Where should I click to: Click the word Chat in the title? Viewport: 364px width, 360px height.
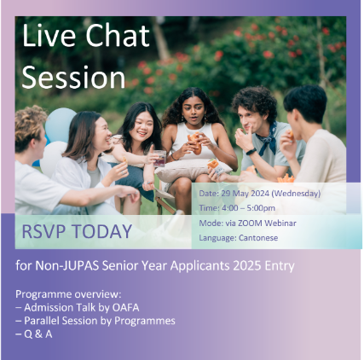[x=118, y=35]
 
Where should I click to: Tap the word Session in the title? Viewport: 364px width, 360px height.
[x=73, y=78]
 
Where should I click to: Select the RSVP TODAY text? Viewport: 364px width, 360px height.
[x=77, y=231]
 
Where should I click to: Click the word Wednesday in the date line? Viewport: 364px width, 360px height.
[x=296, y=194]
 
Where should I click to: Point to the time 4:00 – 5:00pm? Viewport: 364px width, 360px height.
[x=248, y=208]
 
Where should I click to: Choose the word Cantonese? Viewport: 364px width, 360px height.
[x=258, y=238]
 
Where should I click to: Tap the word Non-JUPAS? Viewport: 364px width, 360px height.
[x=67, y=265]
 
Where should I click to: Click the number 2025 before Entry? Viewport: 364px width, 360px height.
[x=247, y=265]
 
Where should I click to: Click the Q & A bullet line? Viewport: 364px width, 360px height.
[x=34, y=334]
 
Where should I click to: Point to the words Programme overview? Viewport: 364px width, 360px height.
[x=68, y=294]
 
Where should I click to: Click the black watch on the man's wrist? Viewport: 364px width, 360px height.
[x=251, y=151]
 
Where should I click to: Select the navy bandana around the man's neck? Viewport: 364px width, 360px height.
[x=268, y=139]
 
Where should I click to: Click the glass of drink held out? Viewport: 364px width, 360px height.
[x=159, y=158]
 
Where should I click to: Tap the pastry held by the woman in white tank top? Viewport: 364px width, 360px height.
[x=195, y=142]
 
